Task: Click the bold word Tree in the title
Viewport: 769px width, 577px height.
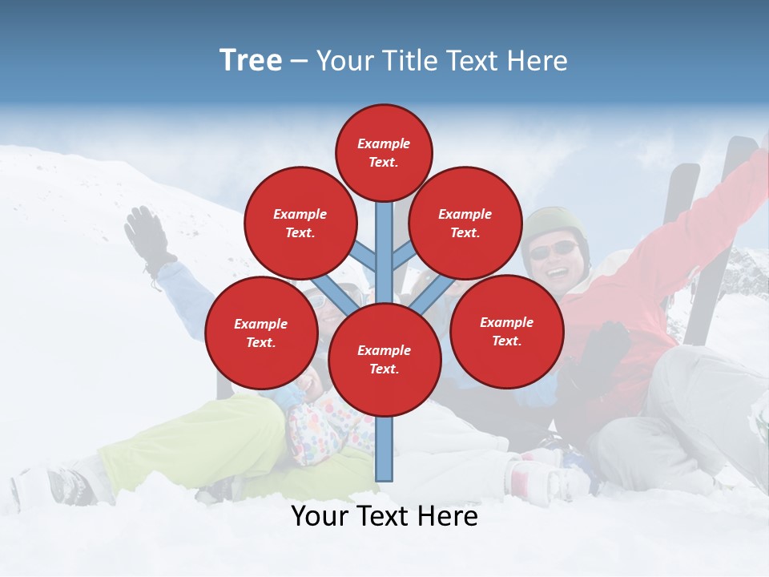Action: pyautogui.click(x=251, y=61)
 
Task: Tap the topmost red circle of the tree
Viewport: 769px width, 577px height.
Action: pyautogui.click(x=384, y=152)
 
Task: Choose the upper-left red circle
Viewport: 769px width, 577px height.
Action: pyautogui.click(x=300, y=223)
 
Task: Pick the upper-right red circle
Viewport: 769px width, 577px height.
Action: pyautogui.click(x=465, y=223)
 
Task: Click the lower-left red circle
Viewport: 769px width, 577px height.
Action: pyautogui.click(x=260, y=333)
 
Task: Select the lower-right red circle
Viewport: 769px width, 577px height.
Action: pyautogui.click(x=506, y=331)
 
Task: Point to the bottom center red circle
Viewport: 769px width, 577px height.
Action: pyautogui.click(x=384, y=359)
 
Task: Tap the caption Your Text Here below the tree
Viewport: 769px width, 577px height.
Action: pyautogui.click(x=384, y=516)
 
